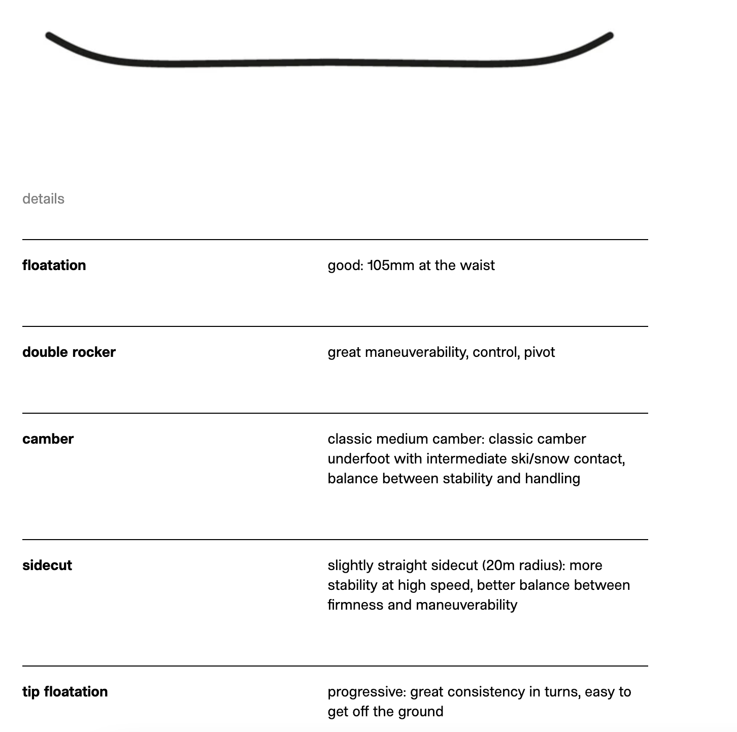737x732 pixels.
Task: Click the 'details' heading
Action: pyautogui.click(x=43, y=198)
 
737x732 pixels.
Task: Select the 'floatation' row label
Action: pyautogui.click(x=54, y=265)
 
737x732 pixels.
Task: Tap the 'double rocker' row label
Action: pyautogui.click(x=69, y=352)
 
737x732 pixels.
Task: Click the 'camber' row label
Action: pyautogui.click(x=48, y=439)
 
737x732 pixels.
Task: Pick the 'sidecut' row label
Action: pyautogui.click(x=47, y=565)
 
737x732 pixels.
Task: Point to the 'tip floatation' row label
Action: pyautogui.click(x=65, y=691)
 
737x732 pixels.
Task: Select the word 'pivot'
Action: pyautogui.click(x=539, y=352)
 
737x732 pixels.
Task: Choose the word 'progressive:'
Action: pyautogui.click(x=366, y=691)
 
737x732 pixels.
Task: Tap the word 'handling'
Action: pyautogui.click(x=552, y=478)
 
